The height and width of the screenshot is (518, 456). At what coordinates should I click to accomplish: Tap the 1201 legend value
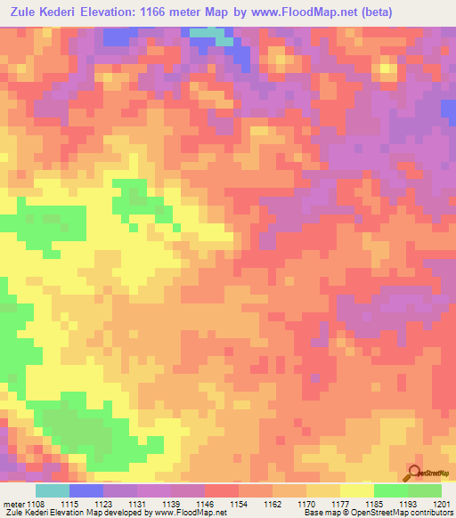(442, 503)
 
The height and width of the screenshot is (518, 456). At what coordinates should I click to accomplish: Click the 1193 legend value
(407, 503)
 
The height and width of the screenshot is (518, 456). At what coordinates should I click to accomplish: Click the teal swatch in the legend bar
(53, 490)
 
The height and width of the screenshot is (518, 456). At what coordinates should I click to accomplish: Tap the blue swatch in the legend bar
(86, 490)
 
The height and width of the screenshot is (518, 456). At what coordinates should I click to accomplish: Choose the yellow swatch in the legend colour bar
(356, 490)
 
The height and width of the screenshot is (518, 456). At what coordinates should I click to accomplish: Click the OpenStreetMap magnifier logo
(416, 473)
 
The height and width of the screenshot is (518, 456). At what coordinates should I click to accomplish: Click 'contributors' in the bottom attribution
(431, 514)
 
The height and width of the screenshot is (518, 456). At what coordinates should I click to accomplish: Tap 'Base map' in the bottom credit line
(323, 514)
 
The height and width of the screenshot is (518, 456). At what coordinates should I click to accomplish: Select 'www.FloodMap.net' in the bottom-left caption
(189, 514)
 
